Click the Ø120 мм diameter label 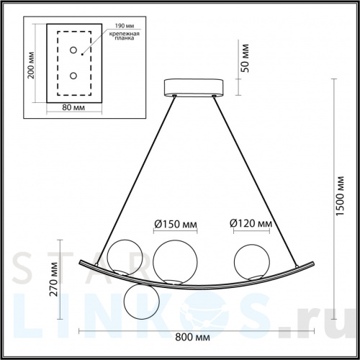coord(251,224)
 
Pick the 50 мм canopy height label coord(244,57)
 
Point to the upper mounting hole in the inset coord(73,50)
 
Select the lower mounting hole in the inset coord(73,75)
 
